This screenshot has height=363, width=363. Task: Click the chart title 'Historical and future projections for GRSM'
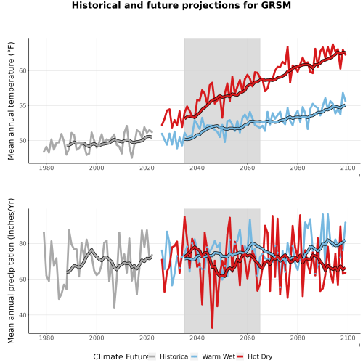[181, 5]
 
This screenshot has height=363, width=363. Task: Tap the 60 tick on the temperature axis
[23, 71]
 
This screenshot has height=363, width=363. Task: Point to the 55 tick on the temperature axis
[23, 106]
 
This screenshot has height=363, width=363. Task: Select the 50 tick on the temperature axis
[23, 141]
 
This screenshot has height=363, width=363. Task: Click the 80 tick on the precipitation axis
[23, 243]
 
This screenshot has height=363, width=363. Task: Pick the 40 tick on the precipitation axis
[23, 315]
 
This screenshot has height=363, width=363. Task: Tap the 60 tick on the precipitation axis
[23, 280]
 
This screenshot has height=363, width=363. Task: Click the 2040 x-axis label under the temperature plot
[197, 168]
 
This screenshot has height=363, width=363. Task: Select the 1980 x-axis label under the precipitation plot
[46, 338]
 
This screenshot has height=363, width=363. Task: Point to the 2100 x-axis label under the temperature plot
[348, 168]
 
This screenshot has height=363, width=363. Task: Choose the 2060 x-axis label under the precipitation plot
[248, 338]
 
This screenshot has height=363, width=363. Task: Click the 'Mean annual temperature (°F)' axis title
[11, 101]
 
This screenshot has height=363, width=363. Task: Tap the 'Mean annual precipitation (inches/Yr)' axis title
[11, 271]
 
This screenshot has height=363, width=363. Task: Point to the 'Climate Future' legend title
[121, 356]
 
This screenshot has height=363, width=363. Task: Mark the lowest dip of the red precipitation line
[212, 327]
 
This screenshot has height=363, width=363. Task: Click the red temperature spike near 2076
[287, 47]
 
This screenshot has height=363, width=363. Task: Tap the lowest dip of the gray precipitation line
[114, 307]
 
